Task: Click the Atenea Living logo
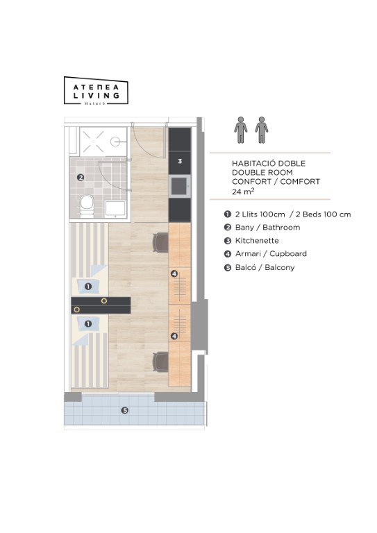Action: (96, 91)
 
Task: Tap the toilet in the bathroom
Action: (87, 206)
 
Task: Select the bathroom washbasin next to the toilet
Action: (115, 208)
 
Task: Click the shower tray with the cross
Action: (103, 142)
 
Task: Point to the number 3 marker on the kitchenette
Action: (180, 161)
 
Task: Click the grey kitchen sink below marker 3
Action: (180, 186)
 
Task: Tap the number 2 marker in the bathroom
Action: (81, 177)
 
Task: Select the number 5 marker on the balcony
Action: (125, 410)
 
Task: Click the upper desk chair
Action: (160, 243)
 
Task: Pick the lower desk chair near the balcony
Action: (160, 362)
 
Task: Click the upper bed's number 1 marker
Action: (88, 287)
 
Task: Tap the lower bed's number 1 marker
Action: (88, 323)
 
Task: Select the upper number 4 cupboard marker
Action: (174, 273)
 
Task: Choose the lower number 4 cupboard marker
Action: (174, 336)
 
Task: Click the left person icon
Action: (241, 130)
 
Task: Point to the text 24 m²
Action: (243, 191)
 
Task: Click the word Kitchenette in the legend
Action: (257, 241)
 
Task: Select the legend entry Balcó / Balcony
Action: (265, 267)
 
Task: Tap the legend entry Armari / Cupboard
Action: (271, 253)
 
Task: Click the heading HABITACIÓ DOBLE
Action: (269, 163)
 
